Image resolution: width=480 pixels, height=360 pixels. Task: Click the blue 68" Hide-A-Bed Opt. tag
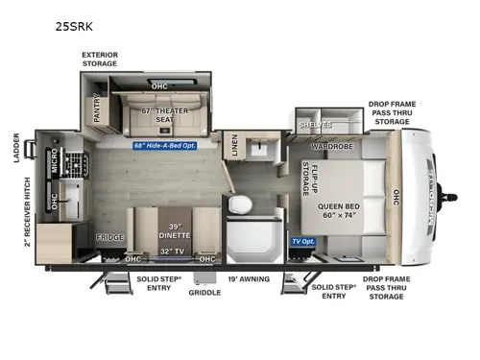point(172,146)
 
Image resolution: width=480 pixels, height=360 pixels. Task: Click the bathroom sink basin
point(258,149)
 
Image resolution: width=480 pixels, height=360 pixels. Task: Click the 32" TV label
point(174,252)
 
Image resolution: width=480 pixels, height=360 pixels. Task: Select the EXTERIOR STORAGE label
point(99,60)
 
